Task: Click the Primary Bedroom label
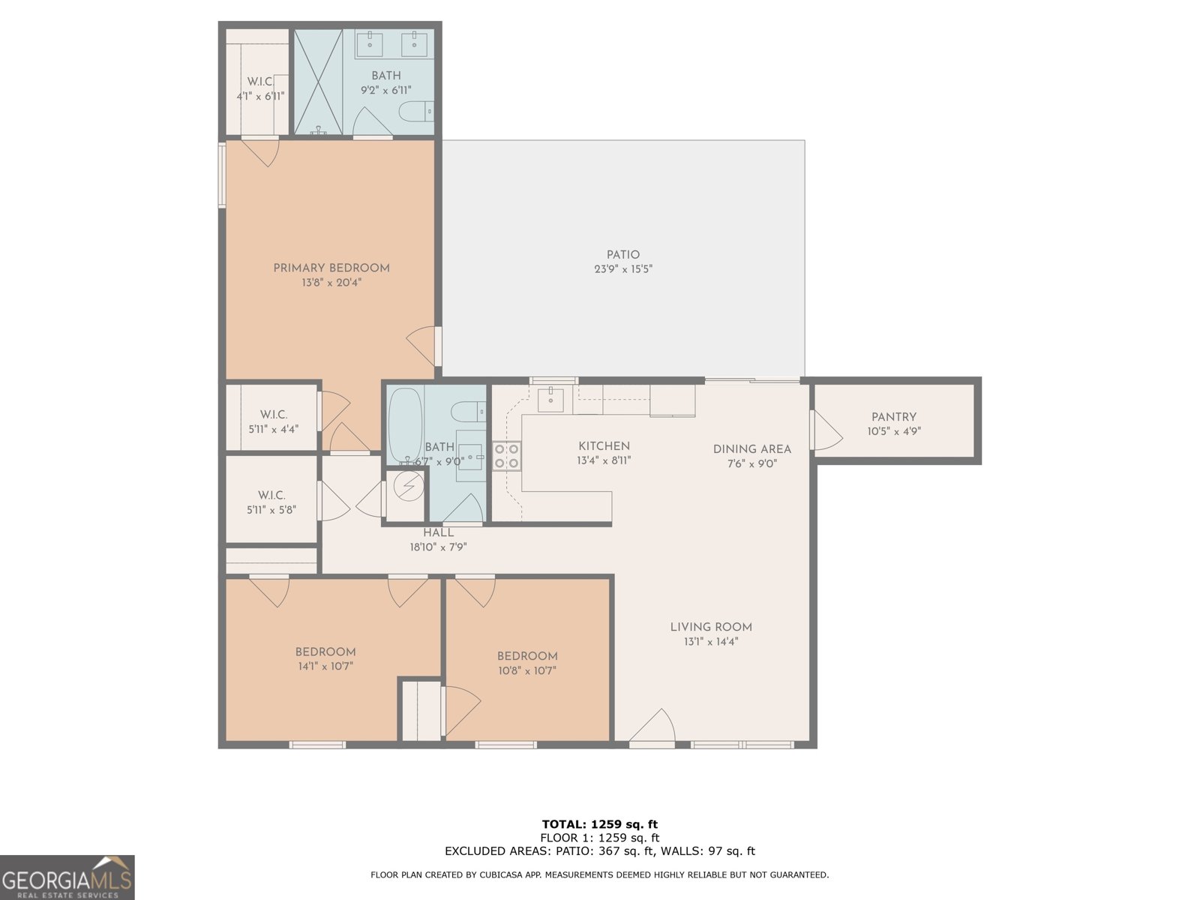[x=331, y=268]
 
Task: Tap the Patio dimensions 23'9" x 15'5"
[x=623, y=268]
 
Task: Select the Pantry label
[x=894, y=417]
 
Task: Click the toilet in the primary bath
[x=416, y=112]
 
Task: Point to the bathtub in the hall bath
[x=405, y=425]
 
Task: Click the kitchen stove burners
[x=507, y=456]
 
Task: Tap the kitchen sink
[x=550, y=400]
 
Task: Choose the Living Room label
[x=711, y=627]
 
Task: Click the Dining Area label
[x=752, y=449]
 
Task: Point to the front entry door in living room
[x=652, y=727]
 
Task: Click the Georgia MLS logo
[x=67, y=877]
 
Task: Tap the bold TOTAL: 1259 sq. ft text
[x=600, y=824]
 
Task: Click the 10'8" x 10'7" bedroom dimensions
[x=527, y=670]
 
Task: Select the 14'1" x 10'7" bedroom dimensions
[x=325, y=666]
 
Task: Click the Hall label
[x=439, y=532]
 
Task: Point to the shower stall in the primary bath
[x=318, y=82]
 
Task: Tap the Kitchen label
[x=604, y=446]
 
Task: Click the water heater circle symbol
[x=408, y=486]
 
